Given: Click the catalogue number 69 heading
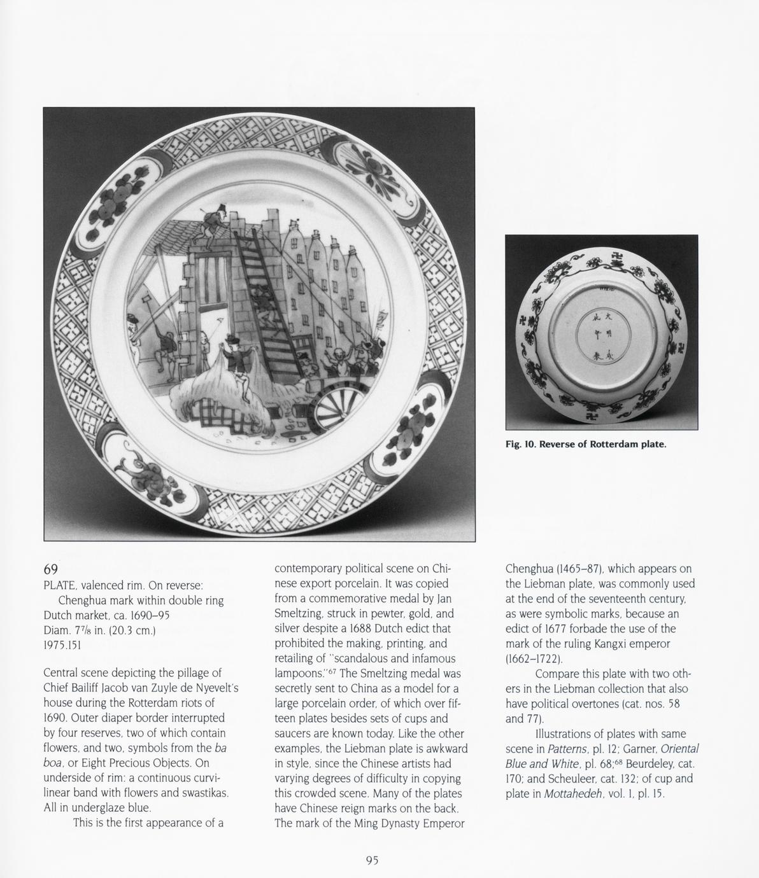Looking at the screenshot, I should [x=51, y=568].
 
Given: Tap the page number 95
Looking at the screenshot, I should [x=372, y=860].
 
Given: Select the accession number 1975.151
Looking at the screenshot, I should [x=63, y=645].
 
